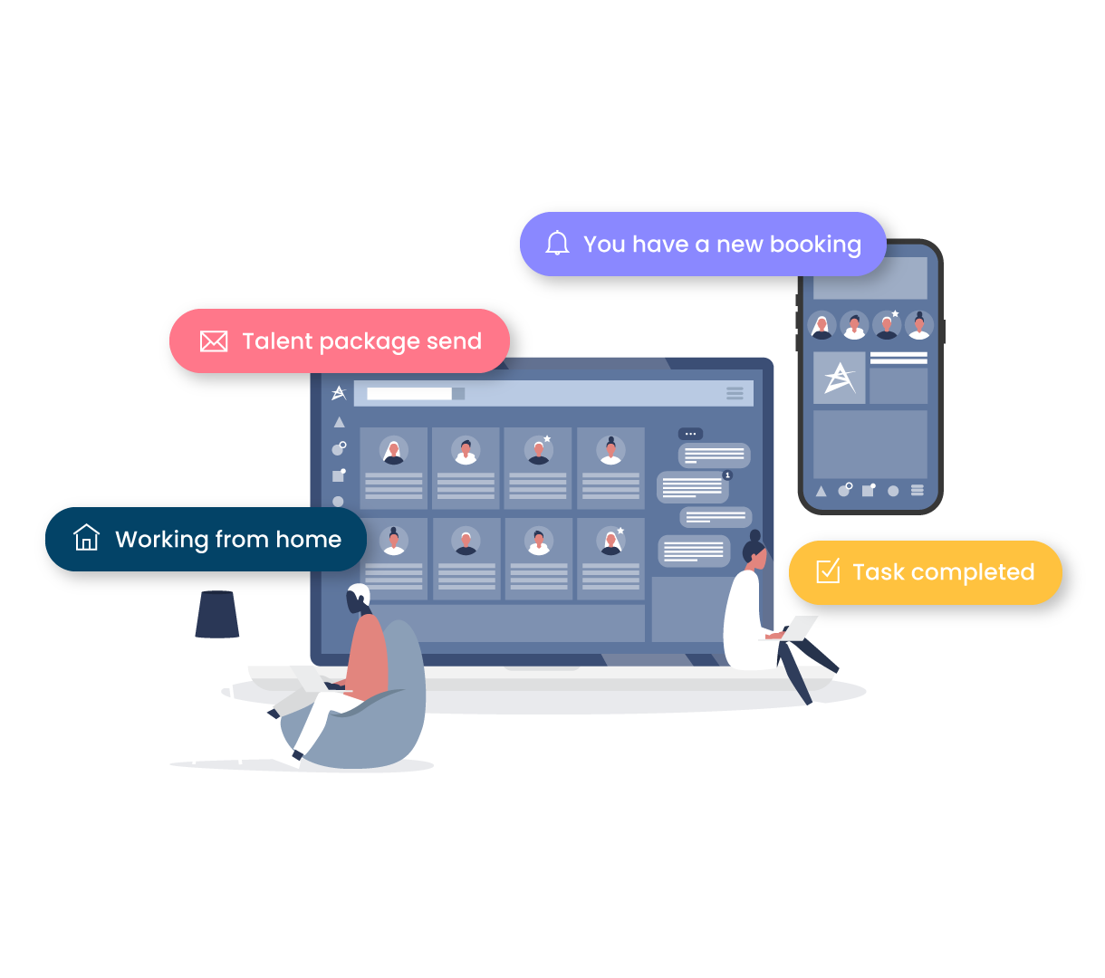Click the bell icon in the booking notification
pos(557,244)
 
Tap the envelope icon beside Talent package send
pos(214,341)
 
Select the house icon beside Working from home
pos(86,538)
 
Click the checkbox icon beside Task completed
pos(828,571)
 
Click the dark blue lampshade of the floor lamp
pos(216,615)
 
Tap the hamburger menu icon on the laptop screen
pos(735,393)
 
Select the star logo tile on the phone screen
pos(840,378)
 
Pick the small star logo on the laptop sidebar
pos(339,393)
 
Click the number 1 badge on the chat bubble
pos(727,475)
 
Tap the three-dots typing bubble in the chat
pos(690,434)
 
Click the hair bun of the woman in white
pos(755,535)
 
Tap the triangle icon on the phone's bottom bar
pos(821,491)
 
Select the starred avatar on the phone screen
pos(887,324)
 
